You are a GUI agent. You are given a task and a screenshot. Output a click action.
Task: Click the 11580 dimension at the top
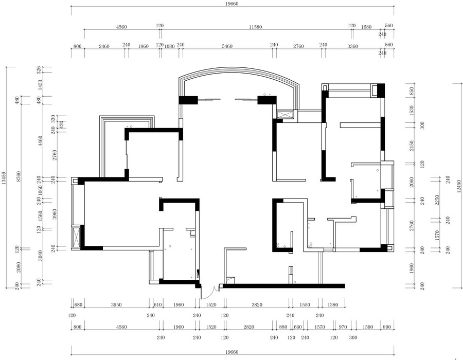click(x=255, y=27)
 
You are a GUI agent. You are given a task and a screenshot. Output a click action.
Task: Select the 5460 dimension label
click(x=227, y=46)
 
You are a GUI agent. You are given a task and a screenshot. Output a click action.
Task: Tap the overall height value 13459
click(x=4, y=178)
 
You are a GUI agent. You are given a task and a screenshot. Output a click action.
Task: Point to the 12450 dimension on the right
click(x=458, y=186)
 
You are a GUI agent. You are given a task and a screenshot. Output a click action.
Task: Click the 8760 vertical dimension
click(x=19, y=176)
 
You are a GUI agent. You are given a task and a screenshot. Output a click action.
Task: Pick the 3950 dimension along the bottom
click(x=116, y=305)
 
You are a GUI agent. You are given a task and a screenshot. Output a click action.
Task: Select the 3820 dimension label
click(x=257, y=305)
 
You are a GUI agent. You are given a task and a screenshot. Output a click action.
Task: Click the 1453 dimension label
click(x=40, y=85)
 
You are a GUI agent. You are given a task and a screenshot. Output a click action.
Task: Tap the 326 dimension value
click(x=39, y=70)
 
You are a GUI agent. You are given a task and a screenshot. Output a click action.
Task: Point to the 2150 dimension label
click(x=412, y=146)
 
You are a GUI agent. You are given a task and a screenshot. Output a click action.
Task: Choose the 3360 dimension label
click(x=352, y=46)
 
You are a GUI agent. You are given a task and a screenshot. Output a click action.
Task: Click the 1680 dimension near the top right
click(x=366, y=27)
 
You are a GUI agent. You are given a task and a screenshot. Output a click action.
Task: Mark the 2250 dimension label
click(x=437, y=200)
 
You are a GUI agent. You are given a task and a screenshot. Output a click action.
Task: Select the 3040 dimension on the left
click(x=40, y=256)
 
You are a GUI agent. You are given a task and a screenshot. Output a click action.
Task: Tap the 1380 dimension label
click(x=333, y=305)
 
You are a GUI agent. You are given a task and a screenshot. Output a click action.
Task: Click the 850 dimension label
click(x=412, y=91)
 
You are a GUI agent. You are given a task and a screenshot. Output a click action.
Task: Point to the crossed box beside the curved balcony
click(x=285, y=115)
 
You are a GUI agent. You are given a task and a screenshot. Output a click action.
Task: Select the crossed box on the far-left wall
click(x=76, y=237)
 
